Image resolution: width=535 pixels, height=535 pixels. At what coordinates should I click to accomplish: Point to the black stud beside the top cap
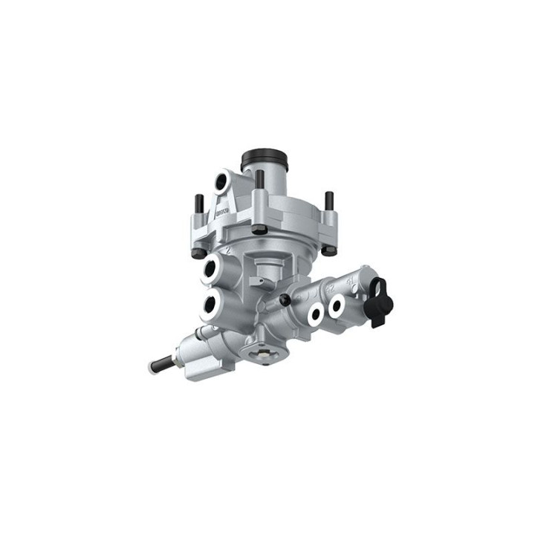pos(259,181)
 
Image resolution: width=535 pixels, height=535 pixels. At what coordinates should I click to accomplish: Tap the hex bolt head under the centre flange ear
pos(259,229)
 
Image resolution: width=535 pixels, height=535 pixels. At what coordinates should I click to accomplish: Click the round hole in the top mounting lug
pos(222,181)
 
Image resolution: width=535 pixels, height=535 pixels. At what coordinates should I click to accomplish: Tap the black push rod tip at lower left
pos(160,365)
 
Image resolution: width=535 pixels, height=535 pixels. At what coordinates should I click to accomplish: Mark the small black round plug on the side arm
pos(285,300)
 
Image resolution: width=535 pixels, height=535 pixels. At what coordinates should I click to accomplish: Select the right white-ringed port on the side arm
pos(337,304)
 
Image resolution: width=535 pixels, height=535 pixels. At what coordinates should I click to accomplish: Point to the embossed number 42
pos(327,285)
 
